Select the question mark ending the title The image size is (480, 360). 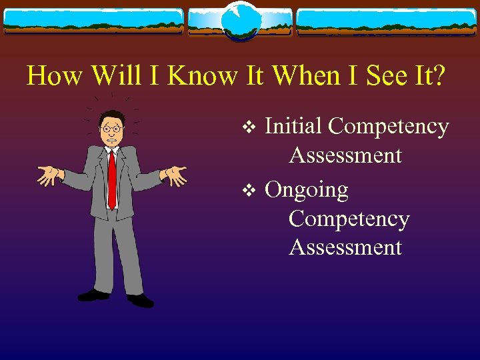point(438,76)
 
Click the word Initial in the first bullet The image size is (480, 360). point(293,126)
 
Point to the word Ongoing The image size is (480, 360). point(307,191)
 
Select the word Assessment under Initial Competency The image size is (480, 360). point(345,156)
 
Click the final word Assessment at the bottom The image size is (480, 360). point(345,248)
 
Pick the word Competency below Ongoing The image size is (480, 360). point(349,219)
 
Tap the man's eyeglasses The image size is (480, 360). point(111,127)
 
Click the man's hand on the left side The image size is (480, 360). point(47,175)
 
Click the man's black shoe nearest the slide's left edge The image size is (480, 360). point(93,294)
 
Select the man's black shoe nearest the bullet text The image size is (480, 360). point(140,301)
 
